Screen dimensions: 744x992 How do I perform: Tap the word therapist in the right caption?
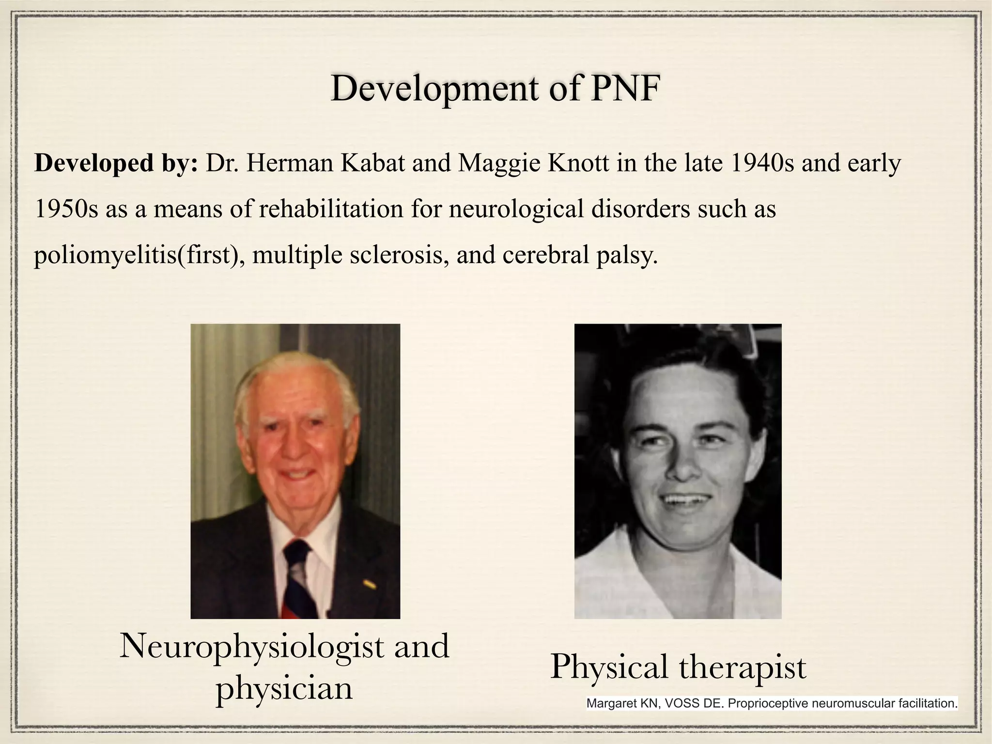[x=742, y=667]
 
